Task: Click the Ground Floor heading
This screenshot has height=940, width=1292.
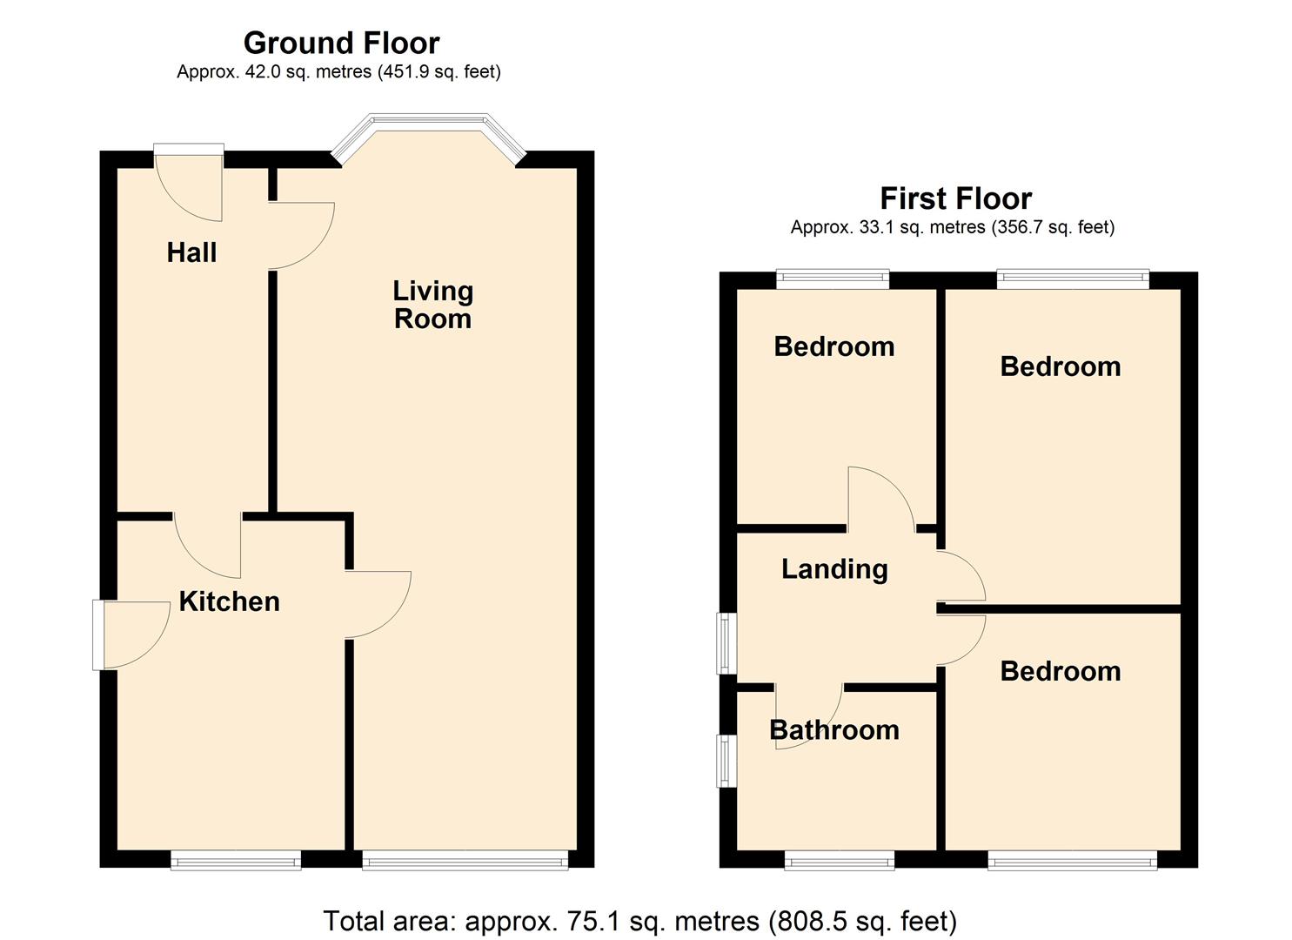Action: point(341,43)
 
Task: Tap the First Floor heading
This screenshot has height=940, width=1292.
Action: point(955,198)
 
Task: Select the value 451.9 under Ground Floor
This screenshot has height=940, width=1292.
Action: point(407,72)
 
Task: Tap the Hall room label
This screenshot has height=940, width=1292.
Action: point(191,252)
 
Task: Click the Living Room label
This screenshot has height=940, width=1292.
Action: point(432,305)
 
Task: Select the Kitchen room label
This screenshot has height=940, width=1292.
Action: point(229,601)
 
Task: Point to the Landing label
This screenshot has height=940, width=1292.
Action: point(834,569)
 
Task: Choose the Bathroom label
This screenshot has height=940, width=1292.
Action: point(834,729)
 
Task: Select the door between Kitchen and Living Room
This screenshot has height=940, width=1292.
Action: point(377,604)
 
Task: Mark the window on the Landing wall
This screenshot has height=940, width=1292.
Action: point(725,642)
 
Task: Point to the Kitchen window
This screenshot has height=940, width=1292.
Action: point(235,862)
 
